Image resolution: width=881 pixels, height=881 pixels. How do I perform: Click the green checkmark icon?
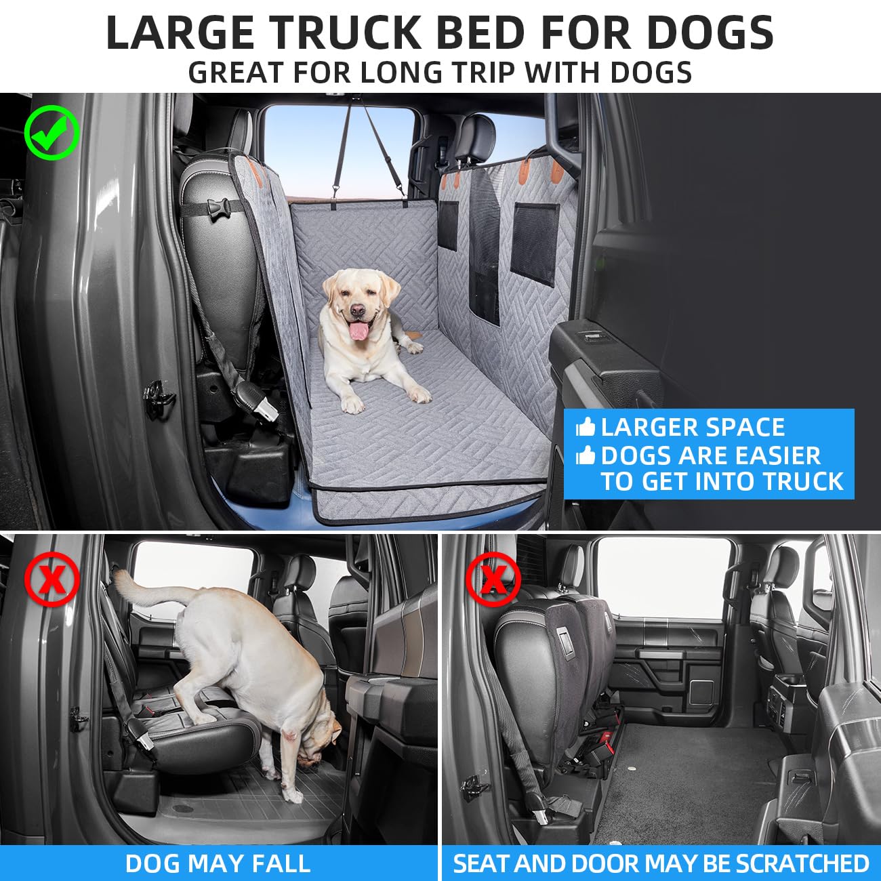click(52, 132)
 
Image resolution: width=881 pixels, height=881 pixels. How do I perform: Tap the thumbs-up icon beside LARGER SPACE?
click(585, 427)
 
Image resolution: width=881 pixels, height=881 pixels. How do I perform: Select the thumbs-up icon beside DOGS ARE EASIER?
click(585, 455)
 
